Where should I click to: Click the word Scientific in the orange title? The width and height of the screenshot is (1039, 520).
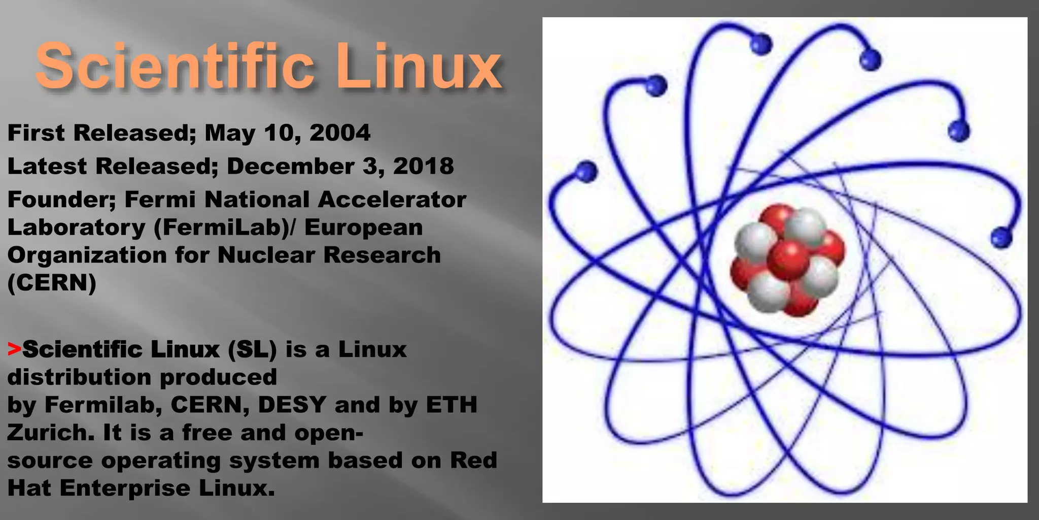[x=175, y=66]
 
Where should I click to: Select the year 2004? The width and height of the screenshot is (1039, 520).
[x=340, y=133]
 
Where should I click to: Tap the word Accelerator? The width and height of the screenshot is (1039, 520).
[x=392, y=200]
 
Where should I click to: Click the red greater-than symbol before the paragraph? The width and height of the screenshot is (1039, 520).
[x=14, y=349]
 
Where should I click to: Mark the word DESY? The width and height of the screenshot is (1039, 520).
[x=292, y=405]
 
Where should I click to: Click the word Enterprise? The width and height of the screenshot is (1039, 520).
[x=125, y=488]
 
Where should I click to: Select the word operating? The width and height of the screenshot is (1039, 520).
[x=161, y=461]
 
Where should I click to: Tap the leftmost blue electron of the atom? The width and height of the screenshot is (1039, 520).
[x=587, y=171]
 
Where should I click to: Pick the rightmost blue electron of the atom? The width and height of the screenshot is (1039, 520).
[x=1001, y=237]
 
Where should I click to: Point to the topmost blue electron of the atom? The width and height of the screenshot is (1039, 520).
[x=760, y=44]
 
